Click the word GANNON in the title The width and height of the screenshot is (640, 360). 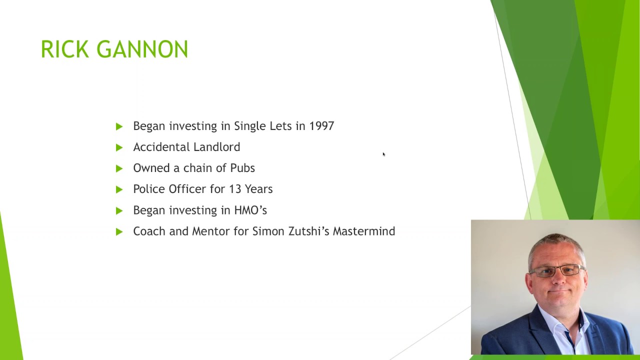[x=142, y=49]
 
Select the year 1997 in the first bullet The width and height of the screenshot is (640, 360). [x=321, y=126]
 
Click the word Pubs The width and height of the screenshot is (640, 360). [x=242, y=168]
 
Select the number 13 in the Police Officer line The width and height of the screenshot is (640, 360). [x=235, y=189]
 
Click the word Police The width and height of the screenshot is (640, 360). [x=149, y=189]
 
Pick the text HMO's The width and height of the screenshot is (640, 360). [x=250, y=210]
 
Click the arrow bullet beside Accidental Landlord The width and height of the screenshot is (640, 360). [x=119, y=147]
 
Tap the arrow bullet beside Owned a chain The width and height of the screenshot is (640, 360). [x=119, y=168]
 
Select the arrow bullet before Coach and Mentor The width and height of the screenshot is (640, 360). [x=119, y=231]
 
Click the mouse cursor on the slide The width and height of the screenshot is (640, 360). [x=383, y=154]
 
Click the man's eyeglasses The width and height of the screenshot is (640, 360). [x=557, y=271]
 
